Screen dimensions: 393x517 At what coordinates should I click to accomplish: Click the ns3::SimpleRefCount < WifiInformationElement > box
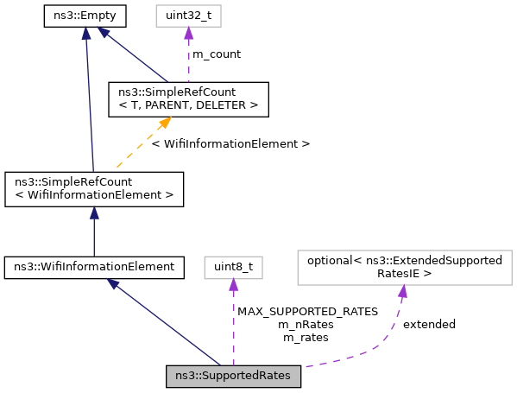(94, 188)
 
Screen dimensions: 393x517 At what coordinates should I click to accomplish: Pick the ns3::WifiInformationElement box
(94, 268)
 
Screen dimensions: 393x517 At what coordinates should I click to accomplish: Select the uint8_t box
(233, 268)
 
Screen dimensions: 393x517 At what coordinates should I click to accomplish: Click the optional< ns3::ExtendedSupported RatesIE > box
(404, 267)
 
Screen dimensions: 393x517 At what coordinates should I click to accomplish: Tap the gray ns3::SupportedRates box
(233, 376)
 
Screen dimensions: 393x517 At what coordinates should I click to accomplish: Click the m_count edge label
(216, 54)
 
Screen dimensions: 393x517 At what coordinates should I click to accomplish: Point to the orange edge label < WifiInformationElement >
(230, 143)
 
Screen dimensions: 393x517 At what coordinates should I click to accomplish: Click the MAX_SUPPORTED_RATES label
(307, 311)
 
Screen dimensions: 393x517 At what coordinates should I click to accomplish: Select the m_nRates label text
(307, 324)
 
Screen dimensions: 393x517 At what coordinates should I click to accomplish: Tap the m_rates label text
(307, 337)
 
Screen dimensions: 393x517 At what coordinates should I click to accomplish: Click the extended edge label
(429, 324)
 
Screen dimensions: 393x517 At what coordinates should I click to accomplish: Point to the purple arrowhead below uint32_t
(187, 33)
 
